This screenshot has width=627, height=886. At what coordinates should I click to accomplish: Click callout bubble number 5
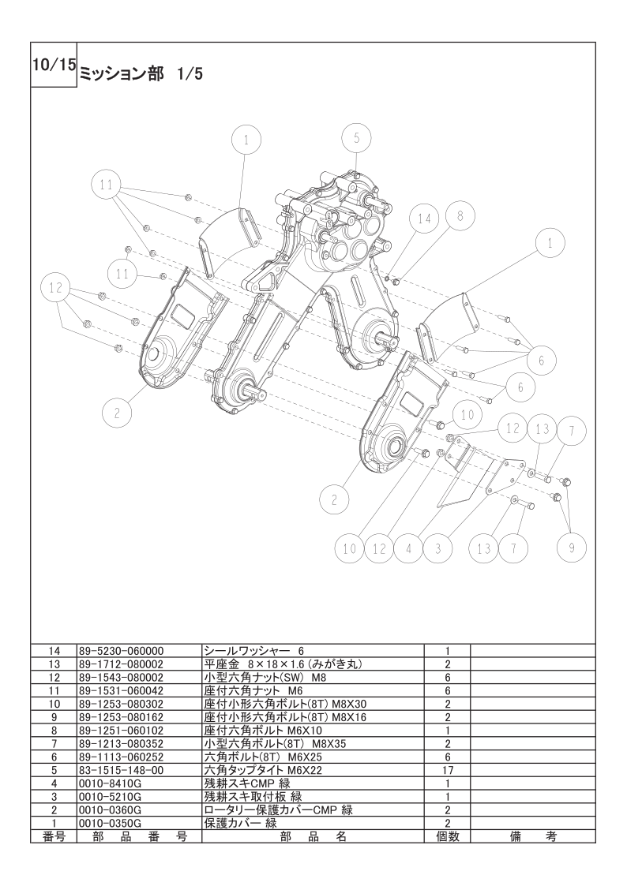(x=356, y=138)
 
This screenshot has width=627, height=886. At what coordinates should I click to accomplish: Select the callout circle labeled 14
(x=425, y=219)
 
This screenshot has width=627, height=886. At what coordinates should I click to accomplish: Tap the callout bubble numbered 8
(x=460, y=214)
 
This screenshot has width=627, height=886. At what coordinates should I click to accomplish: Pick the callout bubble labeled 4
(x=408, y=548)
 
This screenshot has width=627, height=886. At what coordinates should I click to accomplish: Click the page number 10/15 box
(x=54, y=65)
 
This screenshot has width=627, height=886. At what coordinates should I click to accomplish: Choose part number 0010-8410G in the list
(x=110, y=783)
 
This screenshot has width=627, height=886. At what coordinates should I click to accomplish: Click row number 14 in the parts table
(x=54, y=651)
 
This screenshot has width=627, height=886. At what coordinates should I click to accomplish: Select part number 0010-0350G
(x=110, y=823)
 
